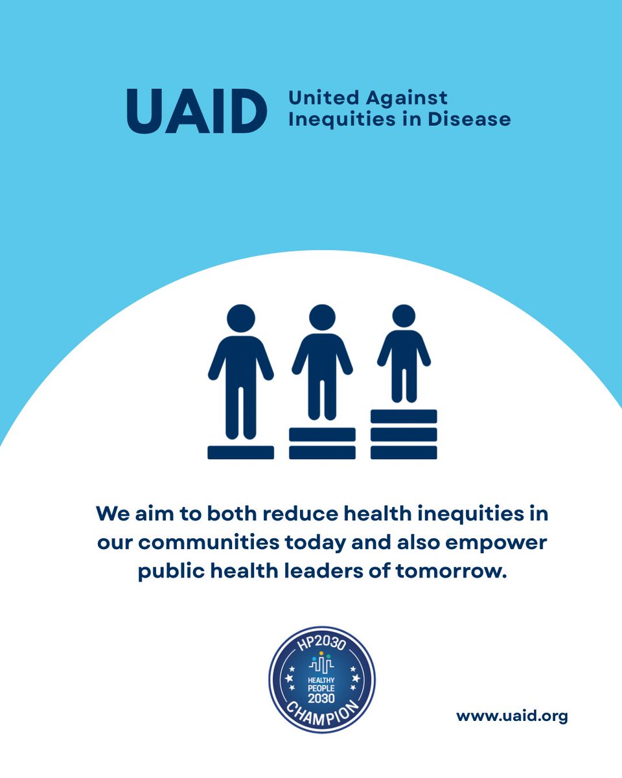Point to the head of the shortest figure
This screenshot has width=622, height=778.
point(404,316)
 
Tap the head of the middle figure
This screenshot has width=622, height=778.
point(322,316)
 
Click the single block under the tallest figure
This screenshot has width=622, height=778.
point(240,452)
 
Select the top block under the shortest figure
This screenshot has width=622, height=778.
point(404,416)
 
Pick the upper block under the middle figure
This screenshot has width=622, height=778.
point(322,434)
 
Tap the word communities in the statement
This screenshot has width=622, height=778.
point(237,543)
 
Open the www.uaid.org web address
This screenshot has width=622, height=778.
point(512,716)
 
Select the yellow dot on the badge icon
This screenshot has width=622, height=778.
point(321,654)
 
